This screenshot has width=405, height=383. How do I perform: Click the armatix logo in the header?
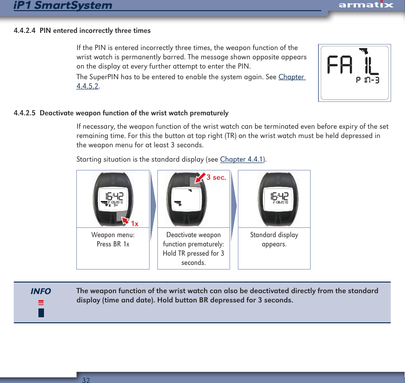[x=366, y=5]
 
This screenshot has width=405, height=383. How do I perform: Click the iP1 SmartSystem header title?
[x=63, y=6]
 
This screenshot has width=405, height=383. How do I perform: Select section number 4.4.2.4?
[x=25, y=31]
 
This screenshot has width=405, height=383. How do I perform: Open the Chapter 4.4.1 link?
[x=241, y=160]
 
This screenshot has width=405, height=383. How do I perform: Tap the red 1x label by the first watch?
[x=134, y=224]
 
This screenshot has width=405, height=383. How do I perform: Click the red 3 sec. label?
[x=216, y=177]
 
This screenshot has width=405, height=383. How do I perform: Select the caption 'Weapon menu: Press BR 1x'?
[x=113, y=239]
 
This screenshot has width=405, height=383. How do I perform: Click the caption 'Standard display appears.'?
[x=274, y=239]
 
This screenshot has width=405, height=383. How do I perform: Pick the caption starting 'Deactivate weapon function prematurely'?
[x=193, y=249]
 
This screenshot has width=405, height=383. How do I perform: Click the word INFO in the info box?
[x=41, y=291]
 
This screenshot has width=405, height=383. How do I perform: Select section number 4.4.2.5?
[x=25, y=113]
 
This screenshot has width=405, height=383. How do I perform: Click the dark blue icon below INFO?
[x=41, y=312]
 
